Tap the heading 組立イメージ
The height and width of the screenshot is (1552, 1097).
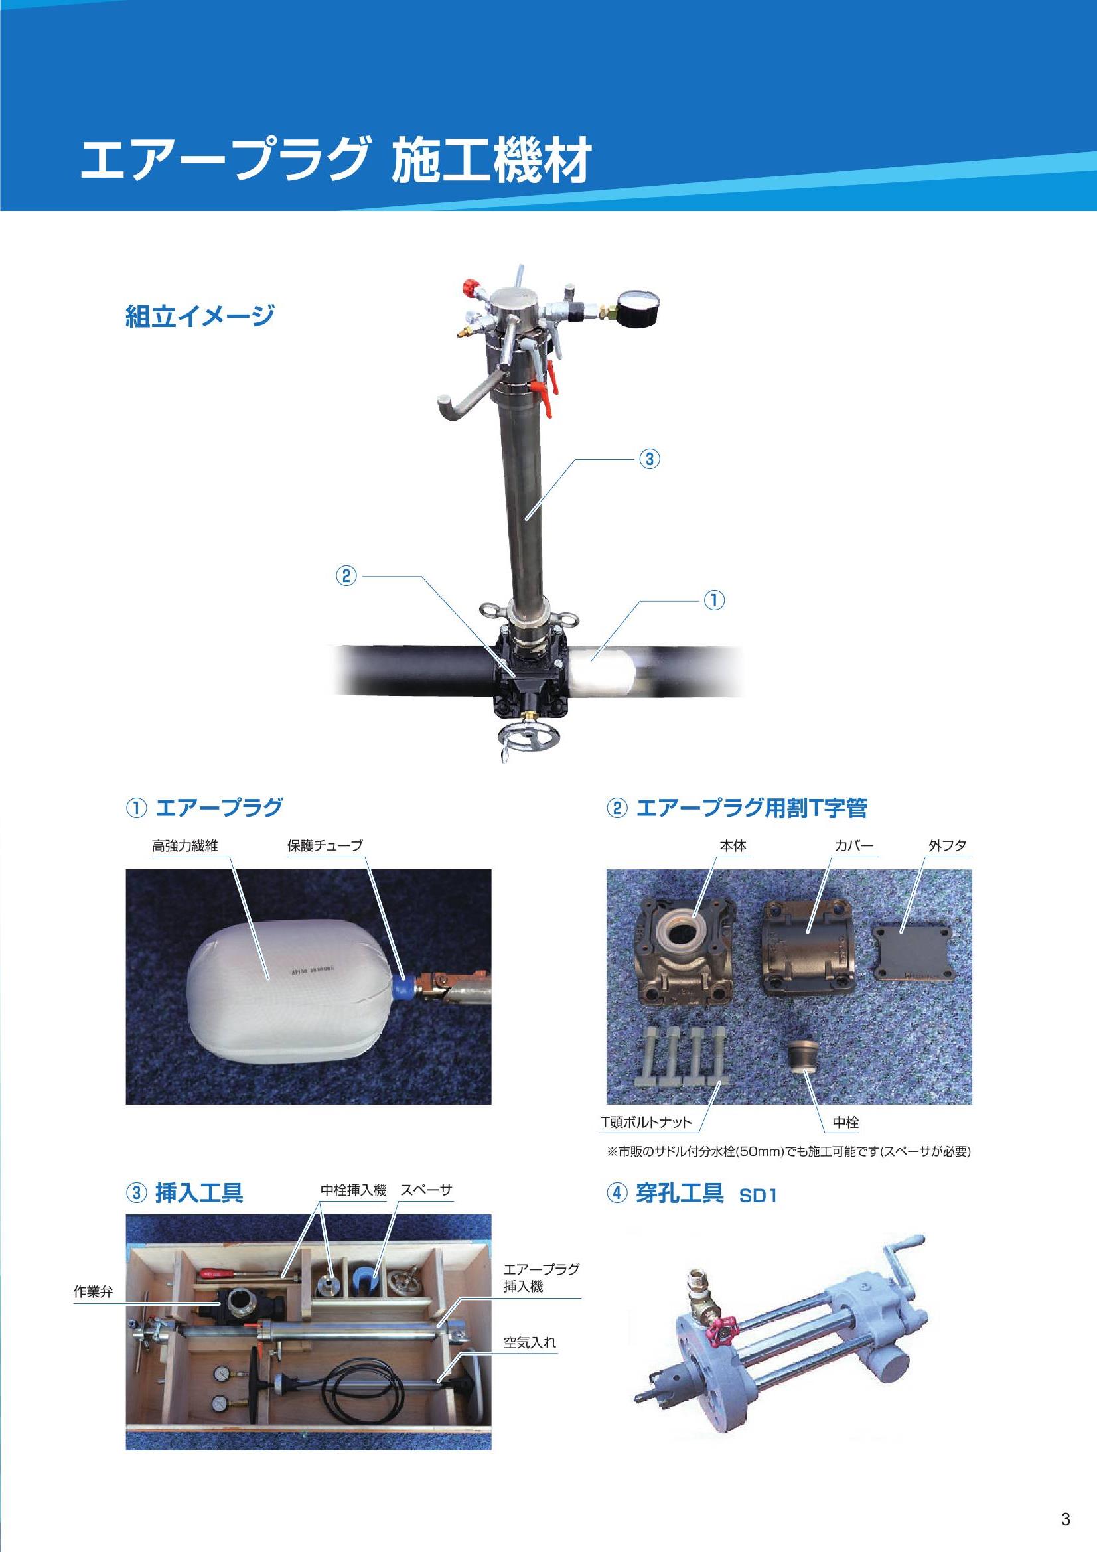(x=200, y=317)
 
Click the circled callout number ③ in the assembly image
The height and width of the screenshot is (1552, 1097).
(x=649, y=459)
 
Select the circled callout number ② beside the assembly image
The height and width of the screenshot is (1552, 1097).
(x=346, y=577)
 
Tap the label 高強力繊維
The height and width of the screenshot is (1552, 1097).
(x=184, y=845)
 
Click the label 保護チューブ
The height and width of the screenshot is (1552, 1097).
(x=325, y=845)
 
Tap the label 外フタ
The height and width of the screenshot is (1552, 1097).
(x=948, y=845)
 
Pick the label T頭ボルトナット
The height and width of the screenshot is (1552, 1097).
(x=647, y=1122)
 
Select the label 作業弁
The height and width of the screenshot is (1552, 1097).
(x=94, y=1292)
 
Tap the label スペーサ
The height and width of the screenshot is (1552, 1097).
(x=426, y=1190)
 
